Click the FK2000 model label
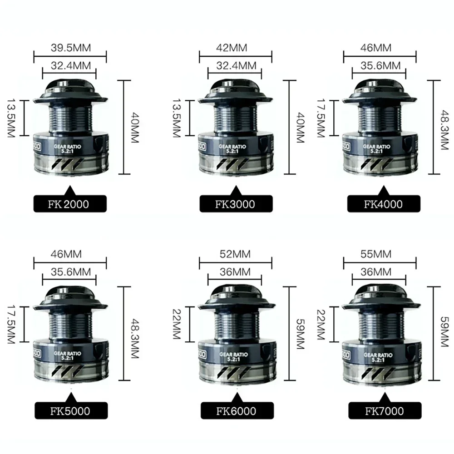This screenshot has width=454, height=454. click(69, 204)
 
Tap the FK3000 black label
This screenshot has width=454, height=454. click(236, 204)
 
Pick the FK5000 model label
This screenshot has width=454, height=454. click(69, 412)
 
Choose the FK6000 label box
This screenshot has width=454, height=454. click(236, 412)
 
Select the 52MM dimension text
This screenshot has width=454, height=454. click(235, 254)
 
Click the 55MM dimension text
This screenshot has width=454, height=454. click(380, 254)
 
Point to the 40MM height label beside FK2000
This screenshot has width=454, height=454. click(133, 127)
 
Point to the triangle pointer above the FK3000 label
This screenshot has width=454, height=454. click(236, 189)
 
